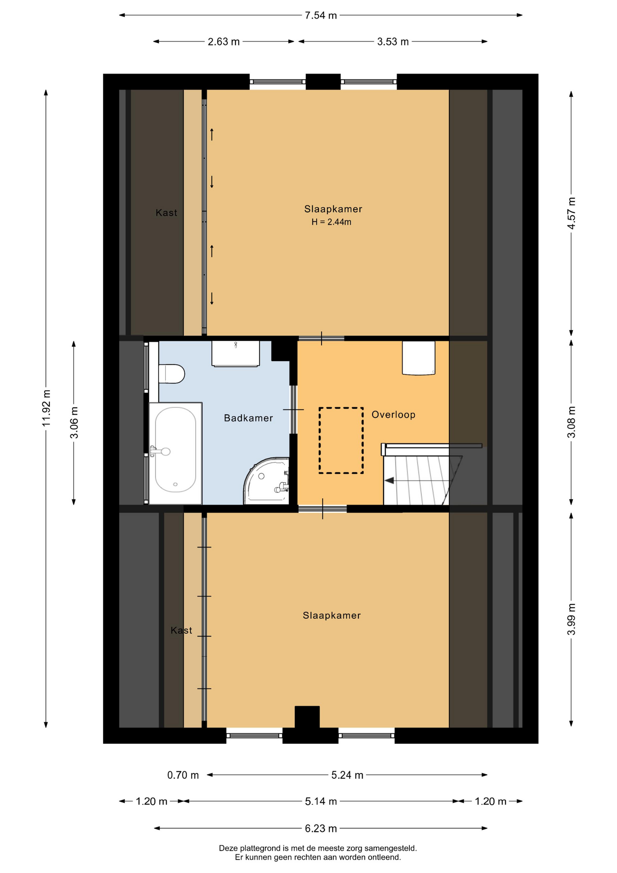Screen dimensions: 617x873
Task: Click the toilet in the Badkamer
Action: (x=171, y=374)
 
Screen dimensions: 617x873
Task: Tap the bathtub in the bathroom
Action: (x=175, y=453)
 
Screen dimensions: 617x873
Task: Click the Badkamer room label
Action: (x=249, y=418)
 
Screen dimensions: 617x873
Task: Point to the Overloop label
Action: (x=393, y=415)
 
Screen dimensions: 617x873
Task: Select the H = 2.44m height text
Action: (x=331, y=222)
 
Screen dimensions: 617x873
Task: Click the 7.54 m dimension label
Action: (x=321, y=15)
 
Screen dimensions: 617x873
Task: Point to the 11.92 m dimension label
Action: (x=46, y=408)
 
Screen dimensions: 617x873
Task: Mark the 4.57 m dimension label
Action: (x=572, y=213)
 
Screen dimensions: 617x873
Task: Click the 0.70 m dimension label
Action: (x=183, y=775)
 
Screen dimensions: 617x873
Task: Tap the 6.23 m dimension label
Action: (x=321, y=828)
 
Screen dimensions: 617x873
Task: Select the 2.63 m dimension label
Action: (x=224, y=42)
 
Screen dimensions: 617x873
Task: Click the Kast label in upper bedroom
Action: (x=166, y=213)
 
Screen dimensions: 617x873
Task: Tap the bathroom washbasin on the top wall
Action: (x=235, y=353)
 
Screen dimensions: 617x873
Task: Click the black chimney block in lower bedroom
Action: (x=307, y=717)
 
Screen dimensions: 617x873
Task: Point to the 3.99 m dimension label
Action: (x=572, y=619)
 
